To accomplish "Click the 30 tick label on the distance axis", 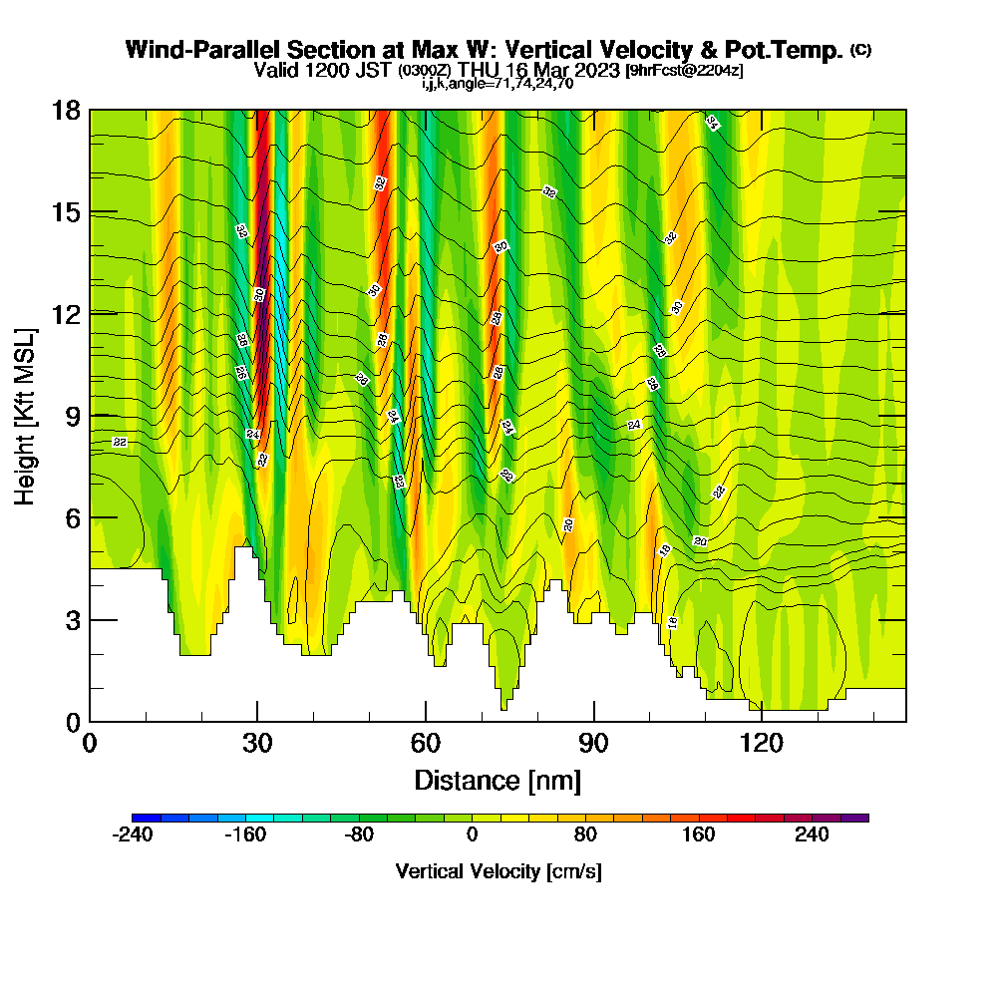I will click(x=257, y=743).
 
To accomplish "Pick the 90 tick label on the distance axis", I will click(x=594, y=743).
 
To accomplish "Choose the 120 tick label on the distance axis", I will click(x=762, y=743).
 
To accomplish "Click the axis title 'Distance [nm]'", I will click(x=498, y=779).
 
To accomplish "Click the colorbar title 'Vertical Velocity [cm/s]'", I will click(x=498, y=871).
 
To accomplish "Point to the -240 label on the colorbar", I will click(x=132, y=834).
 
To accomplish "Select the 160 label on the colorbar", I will click(x=698, y=834).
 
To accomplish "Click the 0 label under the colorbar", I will click(x=472, y=834).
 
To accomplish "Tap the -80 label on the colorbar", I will click(x=359, y=834).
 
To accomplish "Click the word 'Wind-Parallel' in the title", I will click(x=187, y=50).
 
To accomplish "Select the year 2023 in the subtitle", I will click(x=596, y=71).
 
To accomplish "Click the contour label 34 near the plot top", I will click(x=712, y=123).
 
